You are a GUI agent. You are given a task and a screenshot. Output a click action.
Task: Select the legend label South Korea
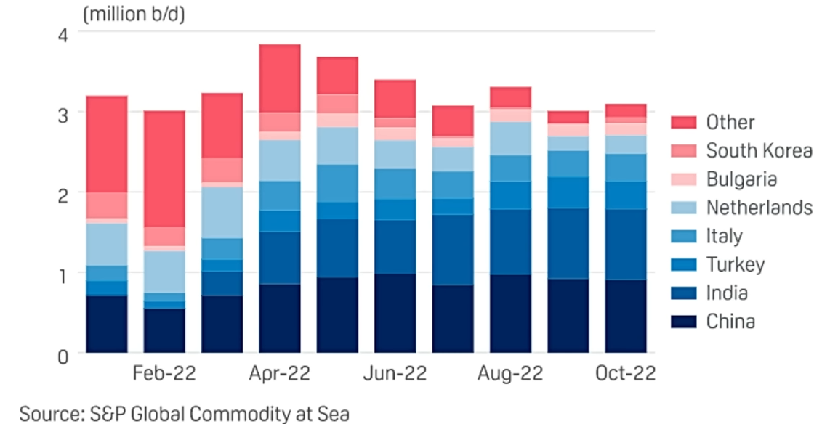coord(759,151)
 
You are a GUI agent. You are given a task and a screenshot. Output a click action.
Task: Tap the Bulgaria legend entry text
coord(741,179)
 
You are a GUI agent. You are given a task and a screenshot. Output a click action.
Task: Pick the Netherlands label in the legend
coord(759,208)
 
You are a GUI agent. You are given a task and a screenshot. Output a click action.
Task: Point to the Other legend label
coord(730,122)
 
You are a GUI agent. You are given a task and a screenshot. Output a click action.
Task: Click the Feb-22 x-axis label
coord(164,374)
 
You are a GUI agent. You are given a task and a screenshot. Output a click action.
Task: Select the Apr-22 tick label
coord(281,374)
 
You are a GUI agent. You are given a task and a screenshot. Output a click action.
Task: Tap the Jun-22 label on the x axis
coord(395,374)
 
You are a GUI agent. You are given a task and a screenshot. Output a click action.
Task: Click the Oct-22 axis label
coord(626,374)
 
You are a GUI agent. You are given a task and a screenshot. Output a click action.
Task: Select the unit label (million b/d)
coord(134,15)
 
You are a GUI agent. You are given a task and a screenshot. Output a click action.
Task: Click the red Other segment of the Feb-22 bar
coord(164,168)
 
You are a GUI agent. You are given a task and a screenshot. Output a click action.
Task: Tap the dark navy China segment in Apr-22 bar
coord(280,318)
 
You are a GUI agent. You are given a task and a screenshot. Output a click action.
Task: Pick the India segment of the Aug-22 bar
coord(510,242)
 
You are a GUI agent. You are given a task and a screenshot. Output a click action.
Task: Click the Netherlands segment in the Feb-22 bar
coord(164,272)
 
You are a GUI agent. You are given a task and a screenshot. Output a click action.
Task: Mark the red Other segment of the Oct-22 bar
coord(626,110)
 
